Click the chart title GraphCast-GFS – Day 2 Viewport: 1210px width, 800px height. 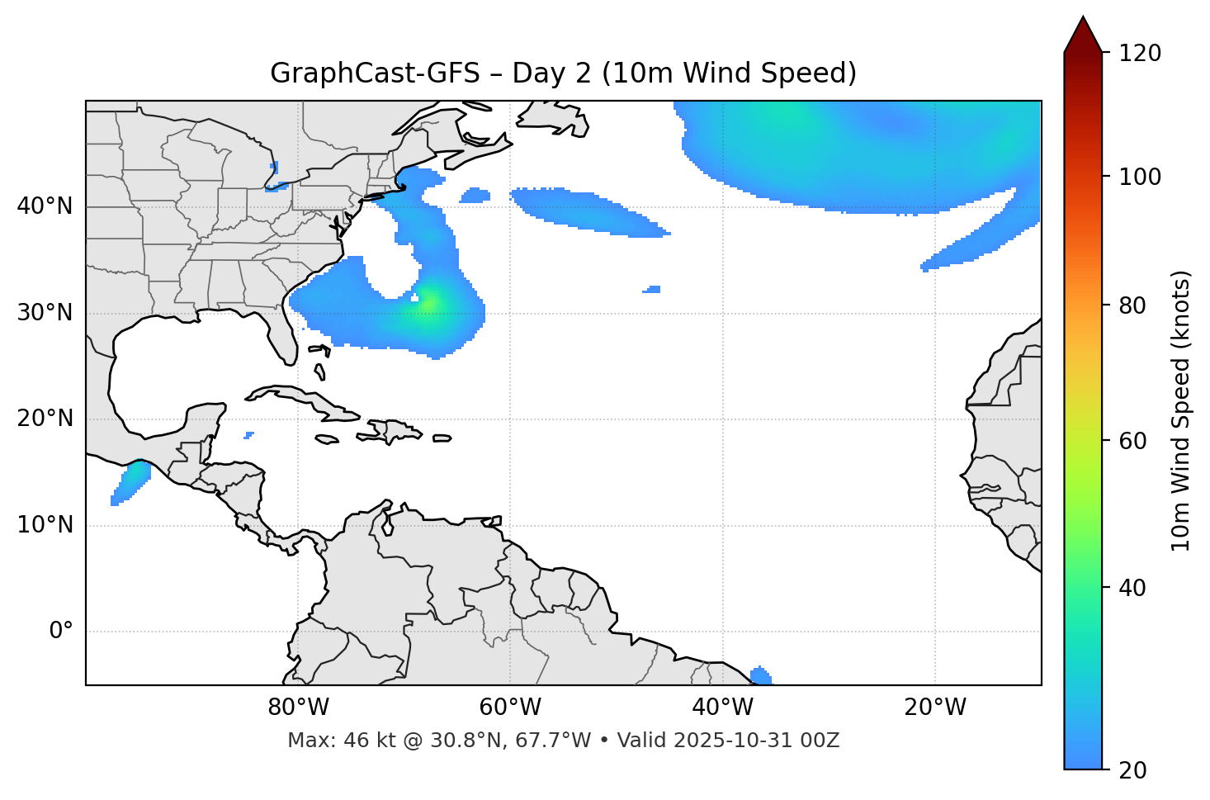[563, 73]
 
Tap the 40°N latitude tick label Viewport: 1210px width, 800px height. [45, 206]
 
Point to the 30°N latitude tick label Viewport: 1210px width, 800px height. [45, 313]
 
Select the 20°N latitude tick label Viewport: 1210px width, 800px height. [45, 419]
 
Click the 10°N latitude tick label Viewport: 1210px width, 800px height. [45, 525]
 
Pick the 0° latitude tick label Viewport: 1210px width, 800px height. [61, 632]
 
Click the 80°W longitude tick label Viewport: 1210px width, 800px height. [298, 708]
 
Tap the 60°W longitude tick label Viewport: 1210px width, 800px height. [510, 708]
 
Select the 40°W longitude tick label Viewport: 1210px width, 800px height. [722, 708]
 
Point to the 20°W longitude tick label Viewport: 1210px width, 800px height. [934, 708]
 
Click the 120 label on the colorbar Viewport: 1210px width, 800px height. [1140, 54]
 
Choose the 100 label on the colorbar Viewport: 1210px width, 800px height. [1140, 177]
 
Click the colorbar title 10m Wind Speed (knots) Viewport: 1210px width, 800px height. [1180, 410]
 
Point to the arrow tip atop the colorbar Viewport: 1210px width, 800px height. [1083, 17]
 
